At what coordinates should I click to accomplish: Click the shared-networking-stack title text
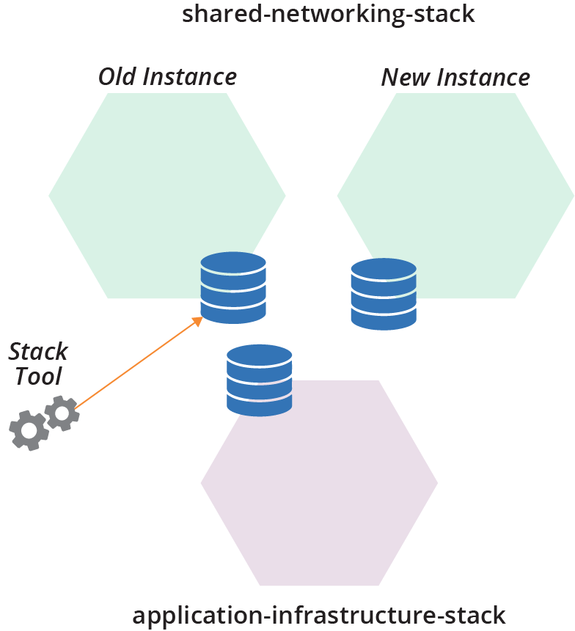coord(329,14)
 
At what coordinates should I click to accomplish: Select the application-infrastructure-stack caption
coord(319,615)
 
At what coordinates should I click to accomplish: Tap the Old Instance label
coord(167,76)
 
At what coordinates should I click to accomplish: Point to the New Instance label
coord(455,77)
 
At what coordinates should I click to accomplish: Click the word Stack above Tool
coord(38,351)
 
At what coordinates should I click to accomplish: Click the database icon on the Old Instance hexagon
coord(233,288)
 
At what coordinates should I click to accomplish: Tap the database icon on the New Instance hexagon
coord(384,294)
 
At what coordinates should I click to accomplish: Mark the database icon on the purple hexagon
coord(260,380)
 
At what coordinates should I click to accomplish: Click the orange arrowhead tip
coord(200,318)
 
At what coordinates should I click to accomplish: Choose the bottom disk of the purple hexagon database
coord(260,404)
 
